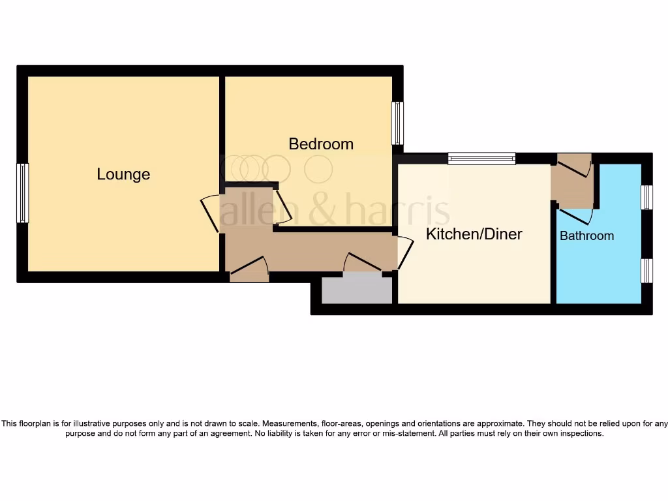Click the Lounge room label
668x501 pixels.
click(123, 174)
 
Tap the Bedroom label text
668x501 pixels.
click(321, 144)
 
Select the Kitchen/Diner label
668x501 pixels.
click(474, 234)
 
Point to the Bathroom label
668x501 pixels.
click(586, 236)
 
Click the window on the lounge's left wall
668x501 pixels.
click(23, 193)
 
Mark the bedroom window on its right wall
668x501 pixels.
click(397, 123)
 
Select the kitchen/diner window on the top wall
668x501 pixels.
click(481, 158)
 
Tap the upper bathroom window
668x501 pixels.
click(646, 197)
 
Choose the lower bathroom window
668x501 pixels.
click(646, 270)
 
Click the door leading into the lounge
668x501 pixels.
click(210, 213)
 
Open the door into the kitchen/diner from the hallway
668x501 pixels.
click(405, 253)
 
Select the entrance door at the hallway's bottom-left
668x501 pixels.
click(249, 267)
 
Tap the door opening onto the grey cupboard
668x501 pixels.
click(363, 262)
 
